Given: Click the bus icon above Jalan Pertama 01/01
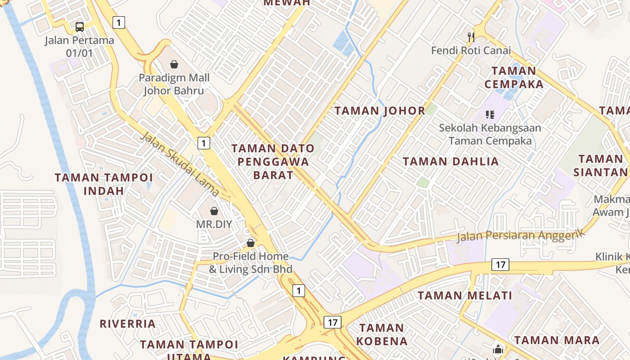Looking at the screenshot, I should coord(80,27).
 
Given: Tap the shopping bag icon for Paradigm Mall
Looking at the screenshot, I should coord(174,65).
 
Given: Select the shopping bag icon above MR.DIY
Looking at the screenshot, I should coord(214,211).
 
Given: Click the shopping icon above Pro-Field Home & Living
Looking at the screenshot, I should coord(251,243).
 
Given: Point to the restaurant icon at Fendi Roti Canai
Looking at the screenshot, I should coord(471,37).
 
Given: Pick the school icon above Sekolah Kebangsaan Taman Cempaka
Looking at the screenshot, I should coord(490,115).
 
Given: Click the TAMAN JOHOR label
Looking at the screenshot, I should coord(380,111).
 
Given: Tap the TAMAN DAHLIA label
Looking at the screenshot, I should coord(450,162).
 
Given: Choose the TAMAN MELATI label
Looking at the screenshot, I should coord(465,296).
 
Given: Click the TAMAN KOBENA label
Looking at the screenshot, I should coord(382,334).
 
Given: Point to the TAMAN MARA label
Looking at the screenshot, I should coord(557,340).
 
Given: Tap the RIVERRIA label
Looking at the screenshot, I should coord(127,324).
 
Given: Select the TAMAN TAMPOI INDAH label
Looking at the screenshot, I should coord(103,184).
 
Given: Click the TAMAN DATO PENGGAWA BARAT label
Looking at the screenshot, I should coord(273,162).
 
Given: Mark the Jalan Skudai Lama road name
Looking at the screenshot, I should coord(180,164).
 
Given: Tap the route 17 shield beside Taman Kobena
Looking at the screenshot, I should coord(332,322).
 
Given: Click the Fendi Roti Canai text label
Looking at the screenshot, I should coord(471,50).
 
